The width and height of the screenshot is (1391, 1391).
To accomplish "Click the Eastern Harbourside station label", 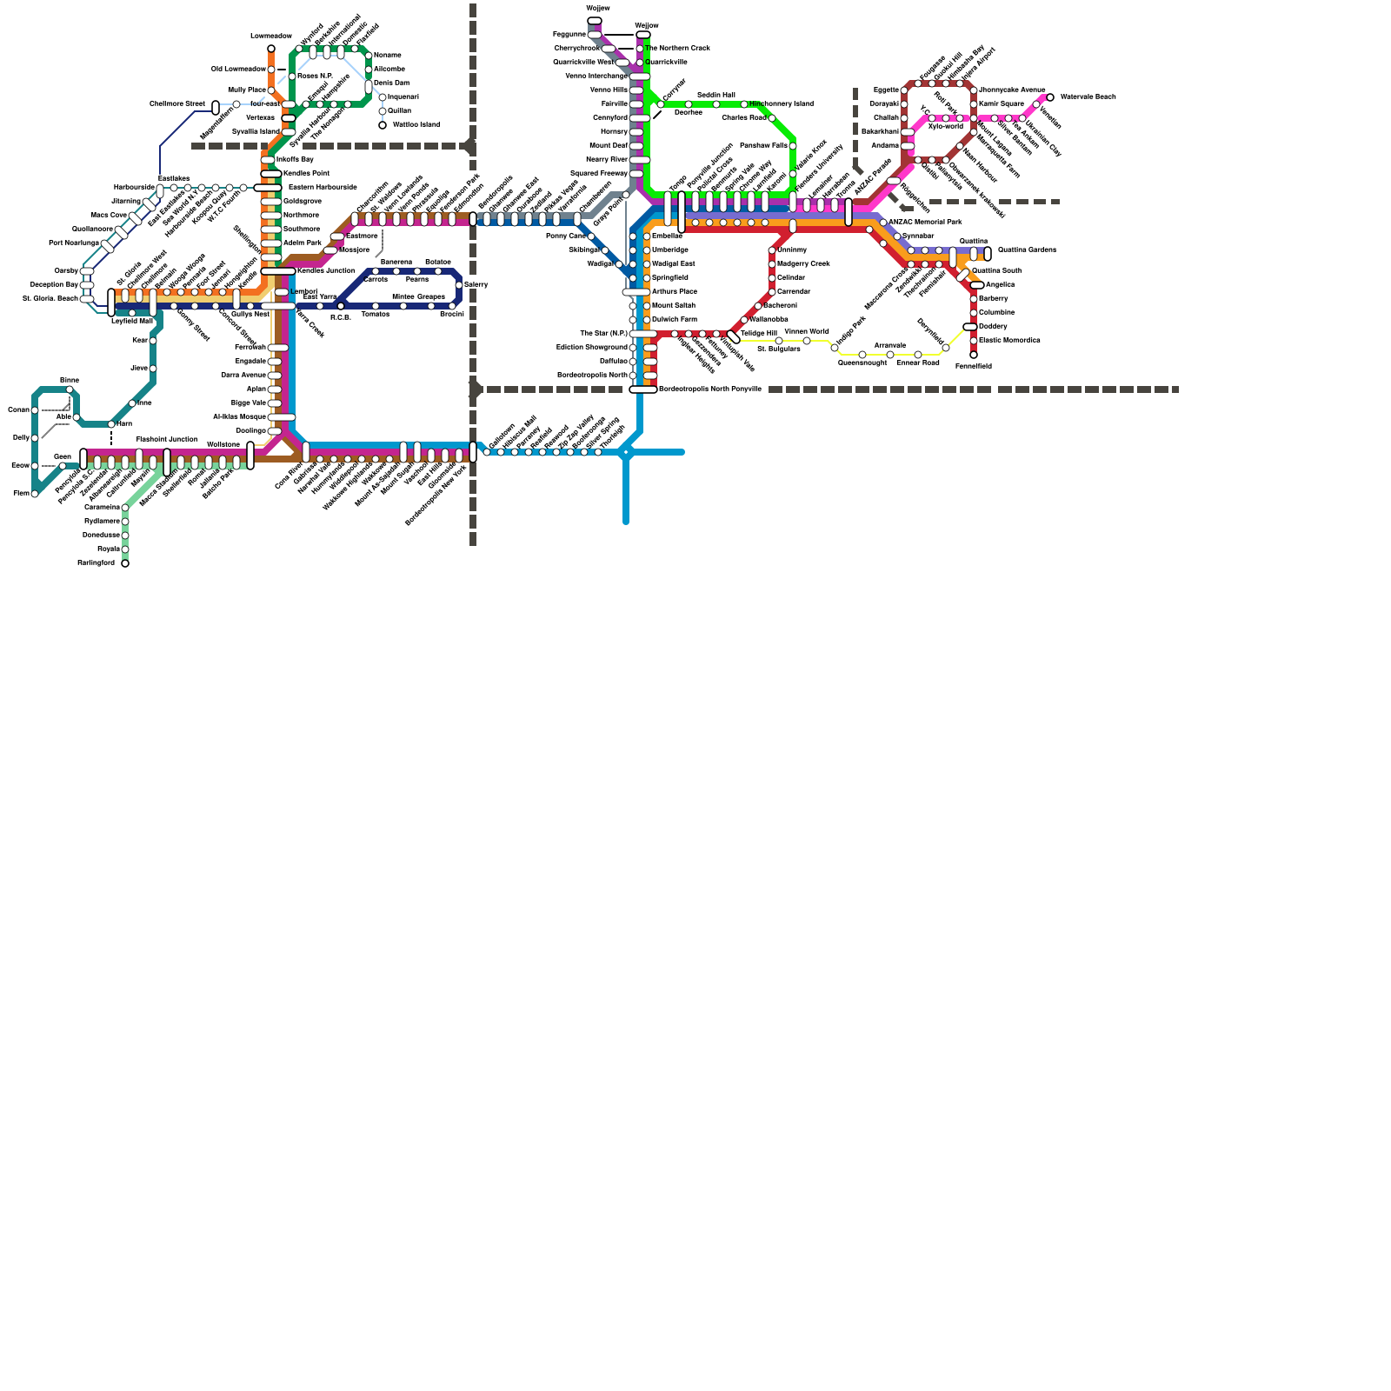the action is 323,187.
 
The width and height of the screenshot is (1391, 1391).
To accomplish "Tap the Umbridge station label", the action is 669,250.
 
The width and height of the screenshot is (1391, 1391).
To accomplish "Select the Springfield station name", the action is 669,277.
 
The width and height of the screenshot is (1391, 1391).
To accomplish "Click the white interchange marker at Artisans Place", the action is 636,292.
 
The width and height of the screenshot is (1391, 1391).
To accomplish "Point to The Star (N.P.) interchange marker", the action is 643,334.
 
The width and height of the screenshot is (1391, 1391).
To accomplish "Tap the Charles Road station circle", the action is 772,118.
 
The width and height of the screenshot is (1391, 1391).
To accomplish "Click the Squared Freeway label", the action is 600,173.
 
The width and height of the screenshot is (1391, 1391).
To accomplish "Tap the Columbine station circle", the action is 974,313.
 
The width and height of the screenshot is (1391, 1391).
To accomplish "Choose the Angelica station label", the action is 1000,284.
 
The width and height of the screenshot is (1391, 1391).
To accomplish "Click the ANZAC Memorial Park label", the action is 925,222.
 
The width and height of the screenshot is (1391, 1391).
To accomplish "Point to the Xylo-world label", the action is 945,127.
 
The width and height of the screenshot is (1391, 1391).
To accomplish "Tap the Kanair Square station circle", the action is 974,104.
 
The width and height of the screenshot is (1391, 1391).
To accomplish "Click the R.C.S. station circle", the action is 341,306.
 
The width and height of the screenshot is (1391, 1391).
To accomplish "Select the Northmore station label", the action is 301,215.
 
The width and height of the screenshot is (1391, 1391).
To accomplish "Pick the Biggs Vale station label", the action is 249,403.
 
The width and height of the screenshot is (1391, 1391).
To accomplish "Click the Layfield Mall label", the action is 132,321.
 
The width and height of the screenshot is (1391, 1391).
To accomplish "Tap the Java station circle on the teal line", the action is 153,369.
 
